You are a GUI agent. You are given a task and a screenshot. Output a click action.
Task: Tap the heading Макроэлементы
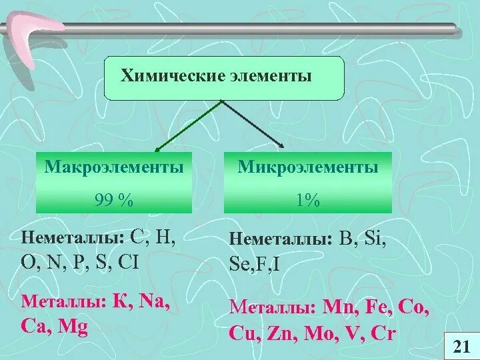click(x=114, y=167)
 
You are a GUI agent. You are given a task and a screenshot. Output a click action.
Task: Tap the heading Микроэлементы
click(x=308, y=167)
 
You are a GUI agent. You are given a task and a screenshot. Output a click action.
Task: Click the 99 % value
click(x=114, y=199)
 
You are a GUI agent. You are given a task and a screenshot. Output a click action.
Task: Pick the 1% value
click(x=308, y=199)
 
